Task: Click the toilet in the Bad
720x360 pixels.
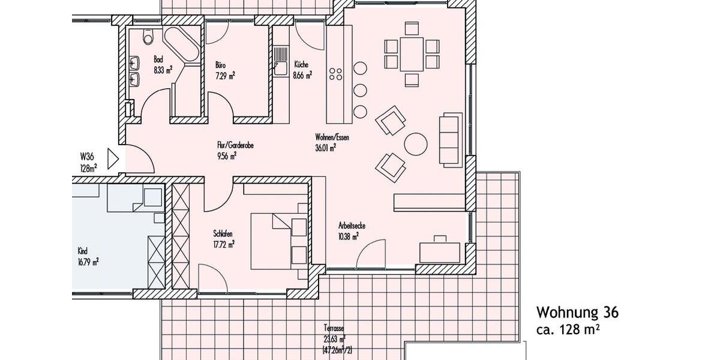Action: (x=148, y=38)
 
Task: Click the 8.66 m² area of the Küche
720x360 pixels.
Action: (x=303, y=76)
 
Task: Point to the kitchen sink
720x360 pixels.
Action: (x=280, y=61)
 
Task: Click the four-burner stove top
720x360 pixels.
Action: (x=336, y=74)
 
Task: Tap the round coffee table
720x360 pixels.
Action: (x=415, y=144)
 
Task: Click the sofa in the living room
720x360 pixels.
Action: (x=449, y=139)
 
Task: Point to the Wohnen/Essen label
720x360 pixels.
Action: (x=332, y=137)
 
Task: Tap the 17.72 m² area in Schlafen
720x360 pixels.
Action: (x=223, y=244)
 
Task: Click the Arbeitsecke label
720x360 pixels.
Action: (x=352, y=226)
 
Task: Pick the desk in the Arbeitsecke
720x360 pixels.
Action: (x=440, y=251)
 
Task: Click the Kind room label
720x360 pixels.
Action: (x=83, y=251)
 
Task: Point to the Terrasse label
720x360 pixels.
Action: (x=334, y=329)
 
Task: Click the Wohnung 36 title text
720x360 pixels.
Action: (x=577, y=313)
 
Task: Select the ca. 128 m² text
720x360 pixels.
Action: (x=569, y=329)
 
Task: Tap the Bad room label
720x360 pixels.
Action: (x=158, y=59)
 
